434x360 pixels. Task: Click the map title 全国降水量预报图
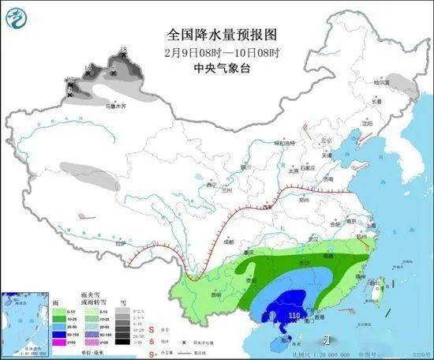[215, 36]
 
